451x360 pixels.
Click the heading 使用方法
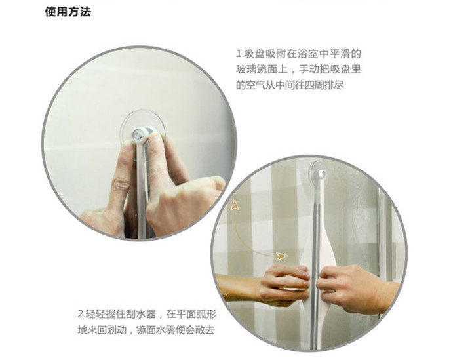coord(68,12)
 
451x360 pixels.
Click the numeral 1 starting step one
coord(239,54)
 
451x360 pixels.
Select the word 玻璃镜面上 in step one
coord(259,70)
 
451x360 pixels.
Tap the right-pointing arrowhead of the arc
coord(281,255)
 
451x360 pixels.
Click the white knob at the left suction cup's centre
coord(139,135)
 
